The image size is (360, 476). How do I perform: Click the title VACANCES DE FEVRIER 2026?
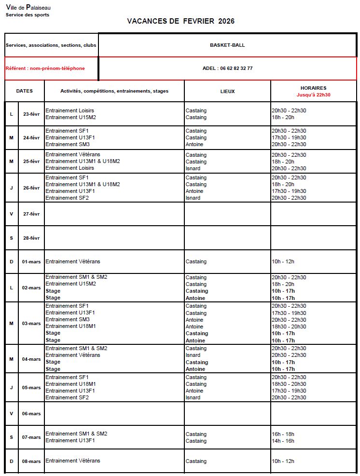tap(180, 21)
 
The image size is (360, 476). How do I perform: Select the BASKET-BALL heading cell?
tap(227, 45)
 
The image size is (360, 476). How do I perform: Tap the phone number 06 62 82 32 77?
tap(236, 68)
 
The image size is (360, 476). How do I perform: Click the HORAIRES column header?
tap(313, 88)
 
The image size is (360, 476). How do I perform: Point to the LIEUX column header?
tap(227, 91)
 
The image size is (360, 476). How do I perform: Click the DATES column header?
tap(25, 91)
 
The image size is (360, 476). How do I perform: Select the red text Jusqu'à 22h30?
tap(313, 95)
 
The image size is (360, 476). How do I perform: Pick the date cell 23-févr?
tap(31, 114)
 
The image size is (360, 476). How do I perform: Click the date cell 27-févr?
tap(31, 214)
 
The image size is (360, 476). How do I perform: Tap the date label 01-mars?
tap(31, 262)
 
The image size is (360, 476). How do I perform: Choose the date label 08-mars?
tap(31, 462)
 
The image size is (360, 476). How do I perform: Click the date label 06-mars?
tap(31, 414)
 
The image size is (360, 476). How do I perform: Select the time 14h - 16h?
tap(283, 441)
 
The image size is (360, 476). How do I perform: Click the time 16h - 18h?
tap(283, 434)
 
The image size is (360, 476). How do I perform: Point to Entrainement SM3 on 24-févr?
tap(68, 144)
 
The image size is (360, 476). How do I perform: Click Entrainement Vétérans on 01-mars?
tap(73, 261)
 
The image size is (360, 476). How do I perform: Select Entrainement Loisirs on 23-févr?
tap(69, 110)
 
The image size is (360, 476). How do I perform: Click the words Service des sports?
tap(28, 15)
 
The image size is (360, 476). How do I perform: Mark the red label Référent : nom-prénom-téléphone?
tap(45, 68)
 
